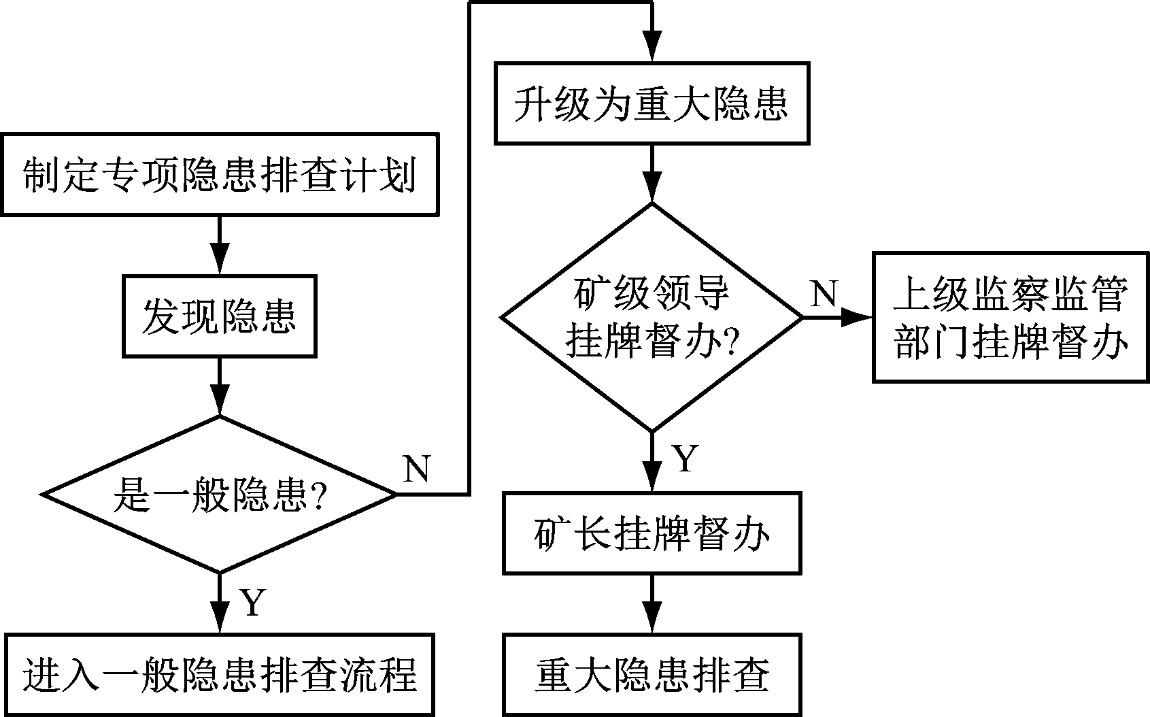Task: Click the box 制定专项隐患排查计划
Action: [x=219, y=174]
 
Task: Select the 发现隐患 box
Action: [x=219, y=316]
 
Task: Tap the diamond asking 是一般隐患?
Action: [x=219, y=494]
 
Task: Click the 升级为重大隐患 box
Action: [x=652, y=103]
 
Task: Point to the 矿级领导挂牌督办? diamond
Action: [x=652, y=317]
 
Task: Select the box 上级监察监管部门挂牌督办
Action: [x=1011, y=317]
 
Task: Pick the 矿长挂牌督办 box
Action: [x=652, y=533]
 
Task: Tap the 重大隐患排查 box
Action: [x=652, y=675]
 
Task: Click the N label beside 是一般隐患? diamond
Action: [x=417, y=469]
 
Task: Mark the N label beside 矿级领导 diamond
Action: [x=824, y=293]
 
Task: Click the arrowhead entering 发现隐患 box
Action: [x=219, y=262]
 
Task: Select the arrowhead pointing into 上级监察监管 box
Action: [x=858, y=317]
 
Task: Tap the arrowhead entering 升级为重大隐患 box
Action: [x=652, y=49]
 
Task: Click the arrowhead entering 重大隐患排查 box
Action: [x=652, y=620]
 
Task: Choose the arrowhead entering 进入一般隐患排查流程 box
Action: [x=219, y=620]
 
